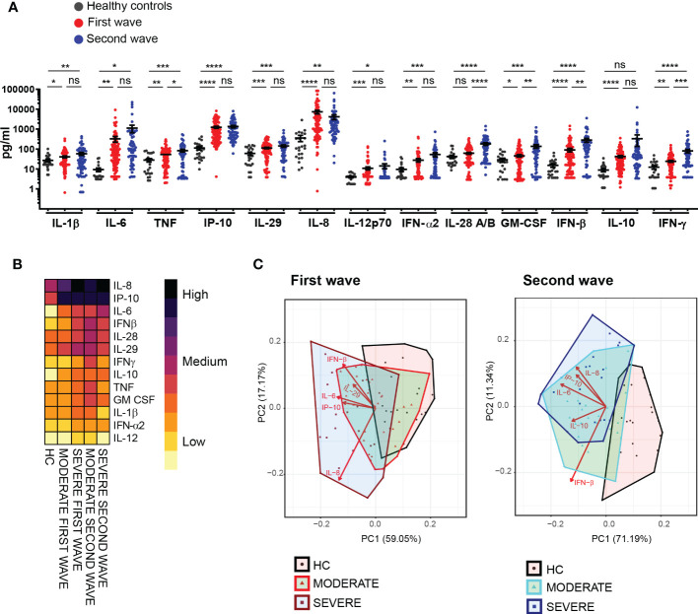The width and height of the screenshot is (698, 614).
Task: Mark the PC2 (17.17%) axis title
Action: click(268, 406)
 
